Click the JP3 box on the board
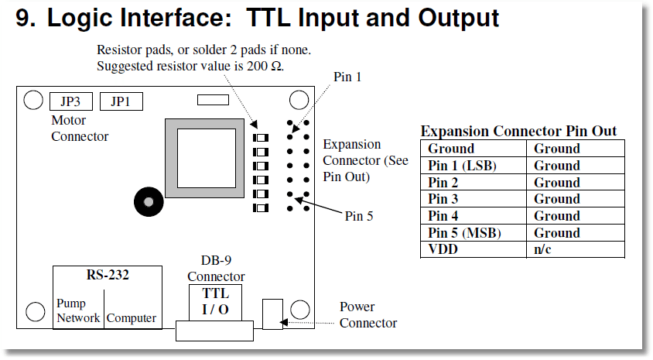[71, 101]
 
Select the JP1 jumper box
[121, 101]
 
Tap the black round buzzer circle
[149, 202]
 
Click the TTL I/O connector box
[215, 302]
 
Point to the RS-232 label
[108, 275]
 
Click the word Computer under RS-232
[132, 318]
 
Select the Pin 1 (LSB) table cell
[474, 166]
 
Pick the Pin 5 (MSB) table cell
[474, 232]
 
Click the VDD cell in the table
[474, 249]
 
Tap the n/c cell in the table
[576, 249]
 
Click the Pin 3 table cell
[474, 199]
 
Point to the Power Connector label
[368, 314]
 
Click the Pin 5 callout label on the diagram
[359, 216]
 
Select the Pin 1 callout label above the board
[347, 77]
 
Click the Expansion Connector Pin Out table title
[518, 131]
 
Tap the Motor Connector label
[80, 128]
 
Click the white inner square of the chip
[207, 158]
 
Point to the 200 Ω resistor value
[265, 66]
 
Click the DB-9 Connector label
[216, 268]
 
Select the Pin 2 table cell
[474, 182]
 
